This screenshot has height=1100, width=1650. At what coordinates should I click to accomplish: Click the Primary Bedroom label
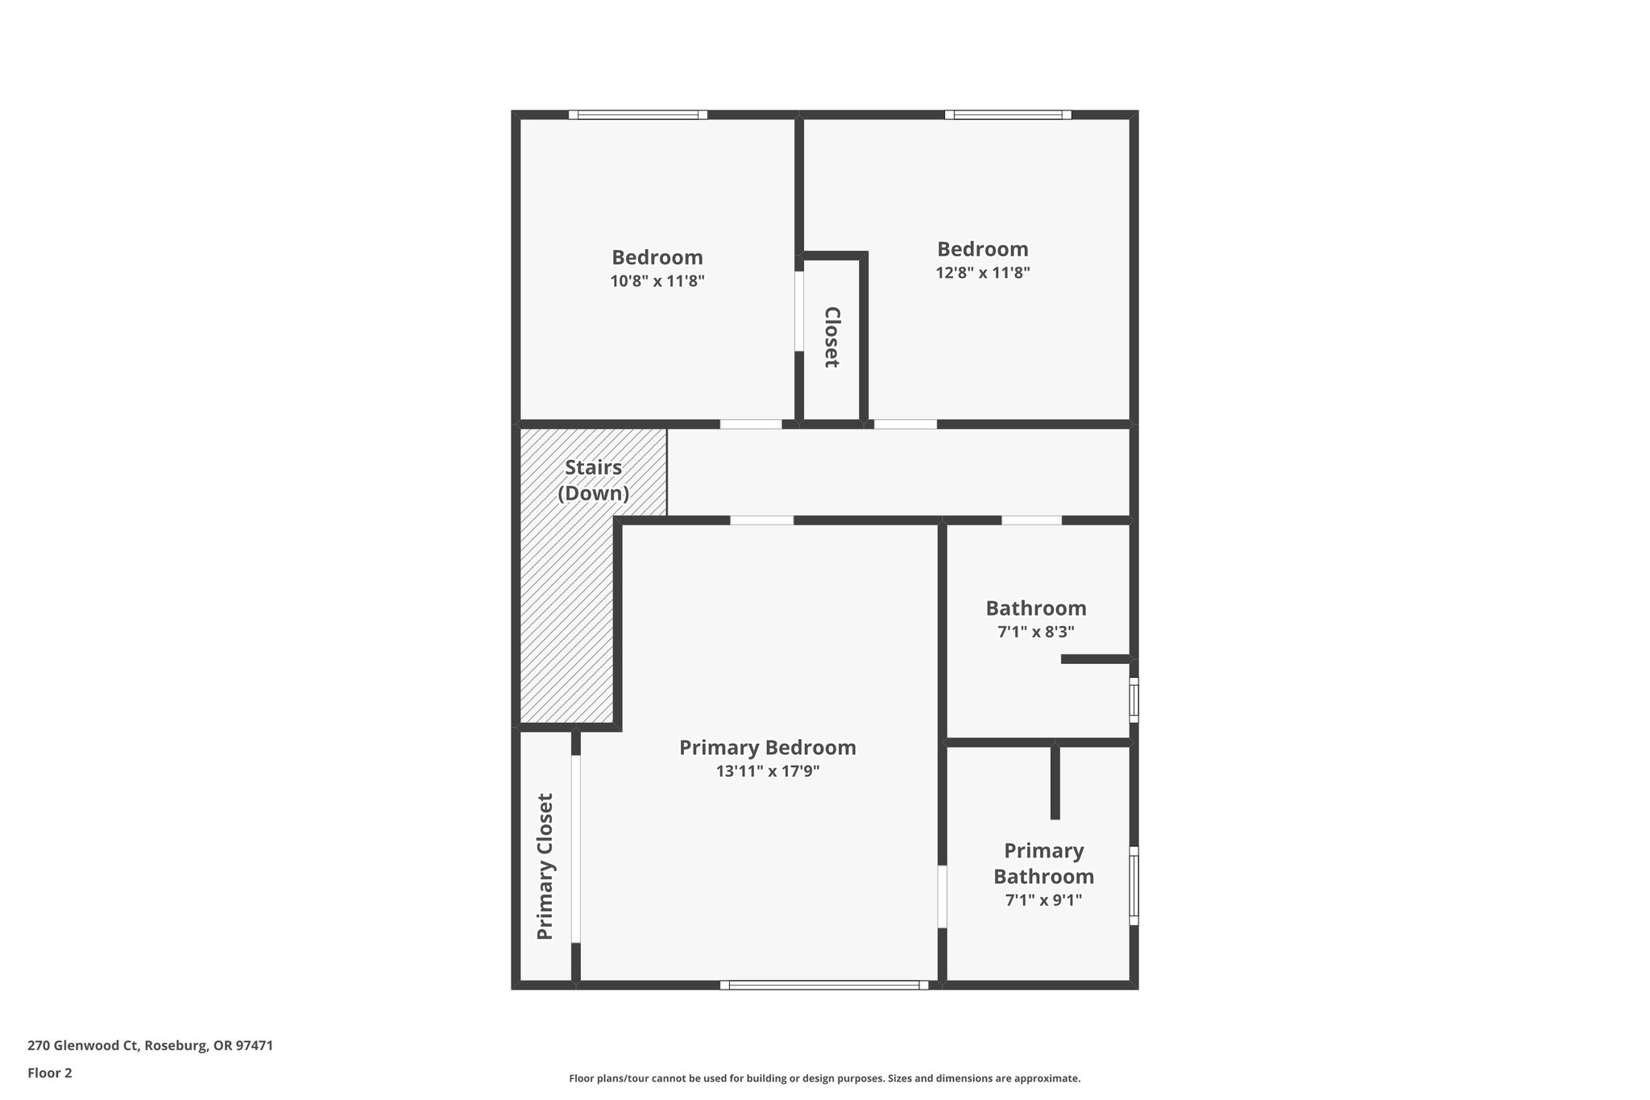coord(767,748)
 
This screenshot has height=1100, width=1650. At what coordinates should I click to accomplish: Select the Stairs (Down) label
coord(594,480)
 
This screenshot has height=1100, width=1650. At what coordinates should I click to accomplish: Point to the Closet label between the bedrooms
coord(832,337)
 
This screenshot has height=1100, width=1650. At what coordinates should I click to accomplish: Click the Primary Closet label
coord(545,866)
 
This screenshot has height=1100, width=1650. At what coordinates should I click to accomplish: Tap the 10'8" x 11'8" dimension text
coord(657,281)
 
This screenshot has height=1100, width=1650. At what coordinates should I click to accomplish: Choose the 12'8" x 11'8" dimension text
coord(982,272)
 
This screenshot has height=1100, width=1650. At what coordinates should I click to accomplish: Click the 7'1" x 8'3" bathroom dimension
coord(1035,632)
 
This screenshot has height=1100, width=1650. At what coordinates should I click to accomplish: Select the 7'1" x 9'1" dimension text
coord(1043,900)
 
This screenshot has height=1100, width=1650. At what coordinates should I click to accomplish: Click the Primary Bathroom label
coord(1043,863)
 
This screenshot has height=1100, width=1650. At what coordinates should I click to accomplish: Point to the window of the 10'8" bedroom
coord(638,115)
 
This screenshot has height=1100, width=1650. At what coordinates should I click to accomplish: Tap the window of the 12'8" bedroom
coord(1008,115)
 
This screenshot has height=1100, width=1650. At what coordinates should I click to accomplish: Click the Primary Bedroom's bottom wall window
coord(823,985)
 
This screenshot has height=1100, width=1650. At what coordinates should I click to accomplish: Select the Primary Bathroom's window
coord(1134,885)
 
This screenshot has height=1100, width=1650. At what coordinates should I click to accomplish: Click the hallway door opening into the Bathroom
coord(1031,521)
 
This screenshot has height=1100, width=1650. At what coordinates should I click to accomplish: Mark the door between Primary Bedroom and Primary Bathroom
coord(942,897)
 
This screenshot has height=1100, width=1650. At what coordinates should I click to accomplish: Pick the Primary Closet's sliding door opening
coord(575,849)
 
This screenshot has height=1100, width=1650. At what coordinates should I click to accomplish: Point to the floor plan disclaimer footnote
coord(824,1078)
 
